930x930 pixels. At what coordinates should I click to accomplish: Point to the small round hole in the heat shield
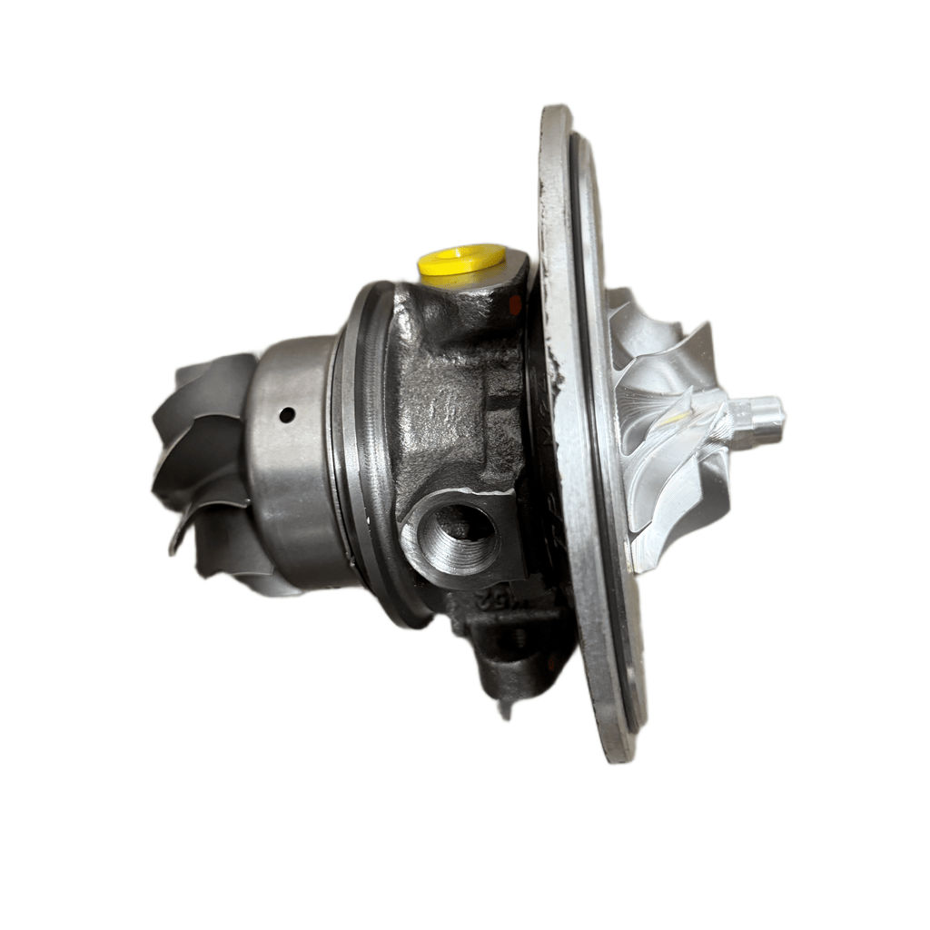[287, 415]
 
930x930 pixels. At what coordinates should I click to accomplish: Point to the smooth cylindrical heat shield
[291, 463]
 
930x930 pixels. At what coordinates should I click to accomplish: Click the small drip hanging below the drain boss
[505, 709]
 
